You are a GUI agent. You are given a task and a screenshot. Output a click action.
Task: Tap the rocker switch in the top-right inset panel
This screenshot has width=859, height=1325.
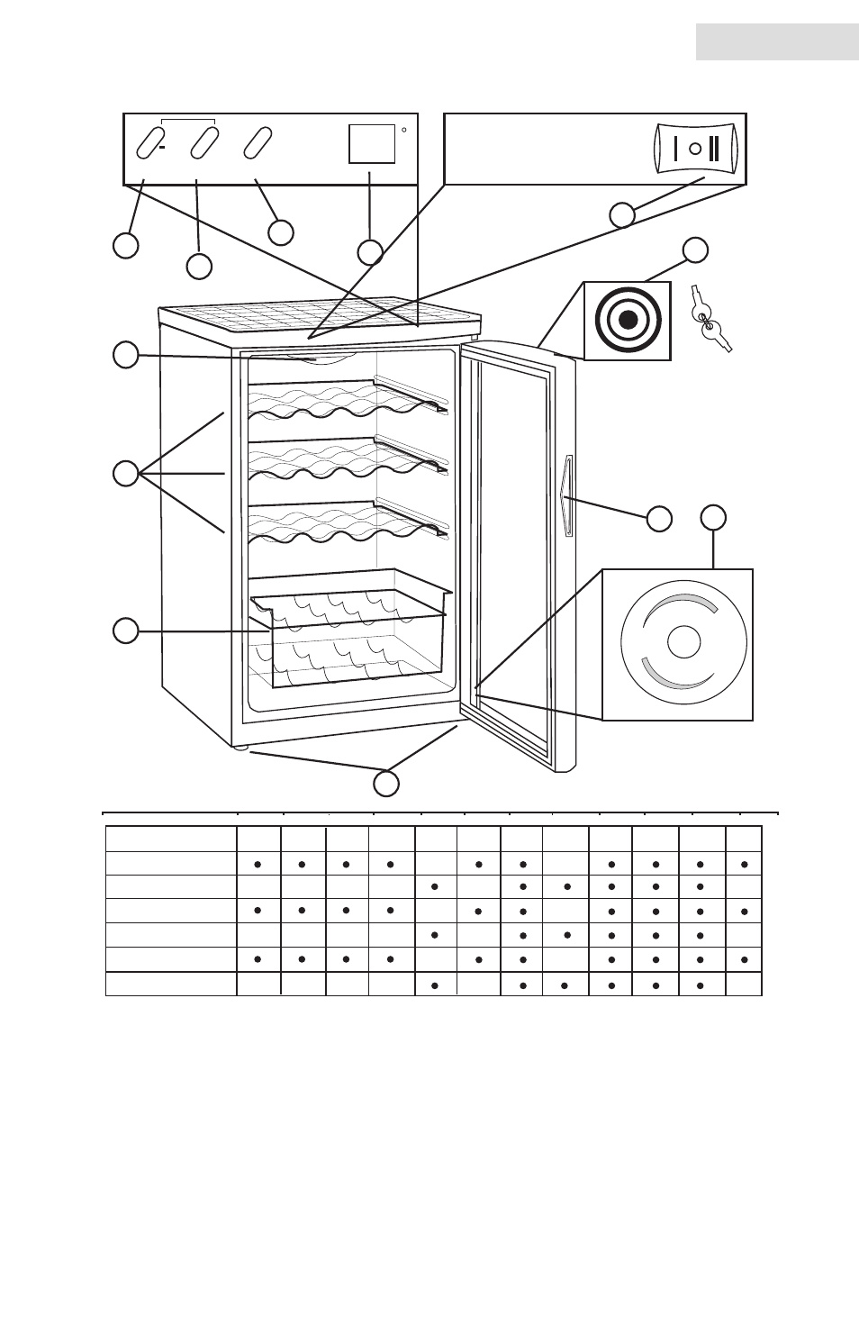[696, 149]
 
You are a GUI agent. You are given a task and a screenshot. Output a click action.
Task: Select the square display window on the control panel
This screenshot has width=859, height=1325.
[372, 143]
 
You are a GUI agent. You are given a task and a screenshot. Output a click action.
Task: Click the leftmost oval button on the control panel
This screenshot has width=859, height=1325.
[148, 142]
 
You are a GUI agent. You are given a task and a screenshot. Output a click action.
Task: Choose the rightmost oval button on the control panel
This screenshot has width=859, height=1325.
[258, 142]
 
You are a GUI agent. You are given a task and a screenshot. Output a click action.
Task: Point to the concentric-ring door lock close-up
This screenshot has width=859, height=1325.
[628, 321]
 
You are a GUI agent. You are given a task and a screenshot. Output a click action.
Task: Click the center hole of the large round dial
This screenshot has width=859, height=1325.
[683, 642]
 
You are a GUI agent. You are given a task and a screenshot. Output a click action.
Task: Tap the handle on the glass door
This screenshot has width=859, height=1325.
[566, 496]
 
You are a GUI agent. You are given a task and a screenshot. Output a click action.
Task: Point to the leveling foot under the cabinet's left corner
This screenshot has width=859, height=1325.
[240, 748]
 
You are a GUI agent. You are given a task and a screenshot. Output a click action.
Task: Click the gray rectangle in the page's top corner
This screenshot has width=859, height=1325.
[777, 42]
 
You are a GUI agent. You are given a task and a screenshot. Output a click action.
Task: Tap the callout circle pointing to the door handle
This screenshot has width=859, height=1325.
[659, 518]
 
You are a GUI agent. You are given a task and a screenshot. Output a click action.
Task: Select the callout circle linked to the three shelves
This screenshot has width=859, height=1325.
[126, 473]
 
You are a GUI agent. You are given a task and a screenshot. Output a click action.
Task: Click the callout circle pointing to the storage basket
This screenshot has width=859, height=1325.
[126, 631]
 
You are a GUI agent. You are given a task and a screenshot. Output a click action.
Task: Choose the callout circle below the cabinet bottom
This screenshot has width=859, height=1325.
[386, 784]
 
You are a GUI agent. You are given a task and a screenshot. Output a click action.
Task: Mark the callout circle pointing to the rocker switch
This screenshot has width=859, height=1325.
[622, 215]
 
